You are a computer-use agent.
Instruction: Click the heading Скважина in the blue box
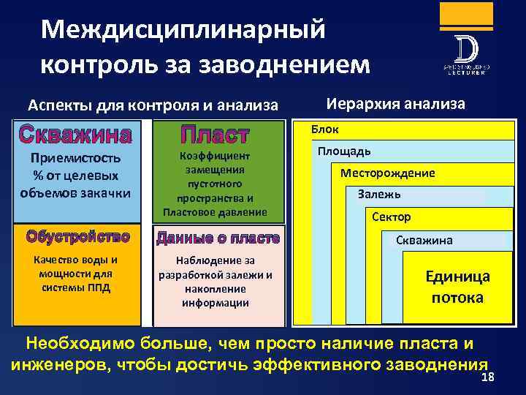[77, 135]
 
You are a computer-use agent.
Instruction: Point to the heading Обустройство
[77, 237]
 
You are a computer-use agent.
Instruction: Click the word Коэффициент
[218, 156]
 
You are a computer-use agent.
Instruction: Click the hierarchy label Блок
[324, 129]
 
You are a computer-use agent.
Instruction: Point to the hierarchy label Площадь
[344, 151]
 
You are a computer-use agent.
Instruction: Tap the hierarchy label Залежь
[379, 195]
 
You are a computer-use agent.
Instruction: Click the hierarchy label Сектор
[392, 217]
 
